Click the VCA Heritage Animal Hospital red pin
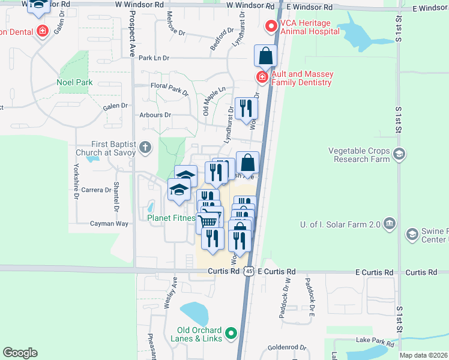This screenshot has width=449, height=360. click(271, 26)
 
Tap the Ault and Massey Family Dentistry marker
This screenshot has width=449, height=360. click(262, 77)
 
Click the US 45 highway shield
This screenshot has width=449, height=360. click(249, 272)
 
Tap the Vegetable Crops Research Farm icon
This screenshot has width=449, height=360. click(399, 155)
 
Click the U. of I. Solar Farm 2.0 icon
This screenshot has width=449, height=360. click(390, 224)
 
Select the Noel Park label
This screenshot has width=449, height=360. click(74, 82)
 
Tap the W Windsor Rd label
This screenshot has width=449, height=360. click(139, 4)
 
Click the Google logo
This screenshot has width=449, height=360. click(20, 353)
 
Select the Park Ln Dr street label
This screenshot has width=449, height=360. click(154, 58)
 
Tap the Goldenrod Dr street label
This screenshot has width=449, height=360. click(286, 347)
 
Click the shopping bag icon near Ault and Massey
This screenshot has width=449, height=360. click(265, 56)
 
